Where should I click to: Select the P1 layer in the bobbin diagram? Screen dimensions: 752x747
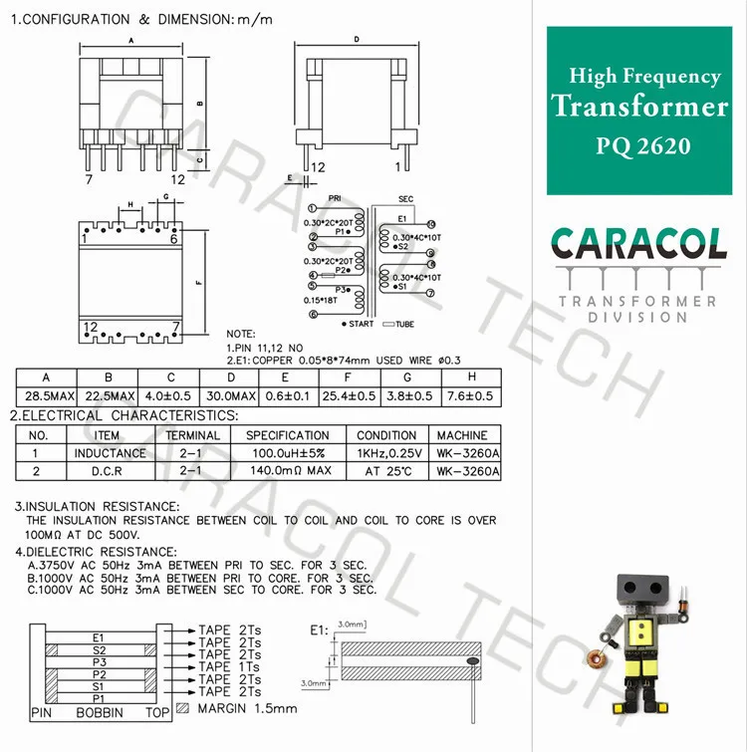[98, 697]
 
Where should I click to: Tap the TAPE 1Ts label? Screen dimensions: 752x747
[230, 666]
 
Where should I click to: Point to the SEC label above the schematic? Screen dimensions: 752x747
[405, 199]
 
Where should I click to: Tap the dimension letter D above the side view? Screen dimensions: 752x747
[357, 41]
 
